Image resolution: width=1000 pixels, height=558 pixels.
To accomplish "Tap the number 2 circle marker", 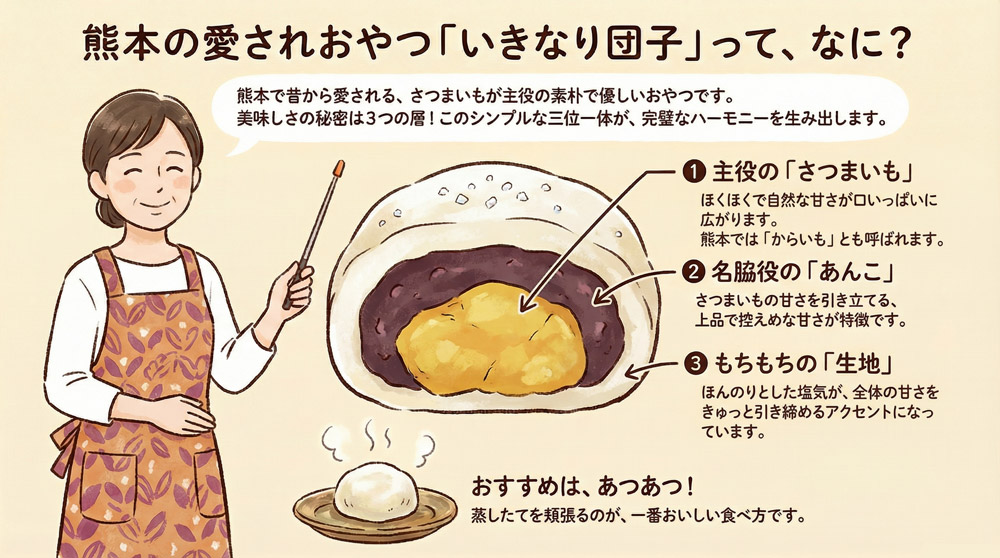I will click(x=692, y=271).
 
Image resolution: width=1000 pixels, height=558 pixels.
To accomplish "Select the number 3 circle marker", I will click(x=692, y=360).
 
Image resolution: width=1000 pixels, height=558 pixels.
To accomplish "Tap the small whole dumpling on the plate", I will click(x=373, y=493).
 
